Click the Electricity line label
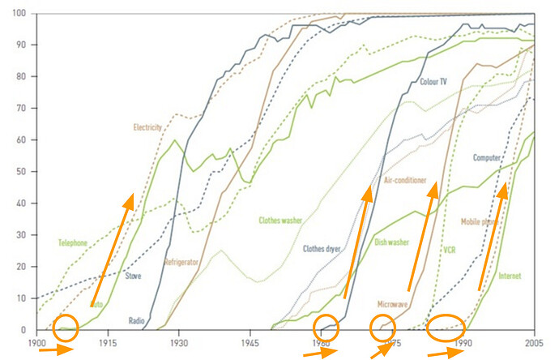click(x=148, y=127)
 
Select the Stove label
click(x=134, y=276)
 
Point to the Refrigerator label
click(x=181, y=262)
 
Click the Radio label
click(x=136, y=320)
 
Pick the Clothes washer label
click(x=281, y=220)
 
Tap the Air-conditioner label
click(x=405, y=180)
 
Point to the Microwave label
click(x=393, y=304)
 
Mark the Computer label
click(x=487, y=157)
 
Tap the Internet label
click(x=510, y=276)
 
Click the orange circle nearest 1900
click(x=66, y=328)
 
